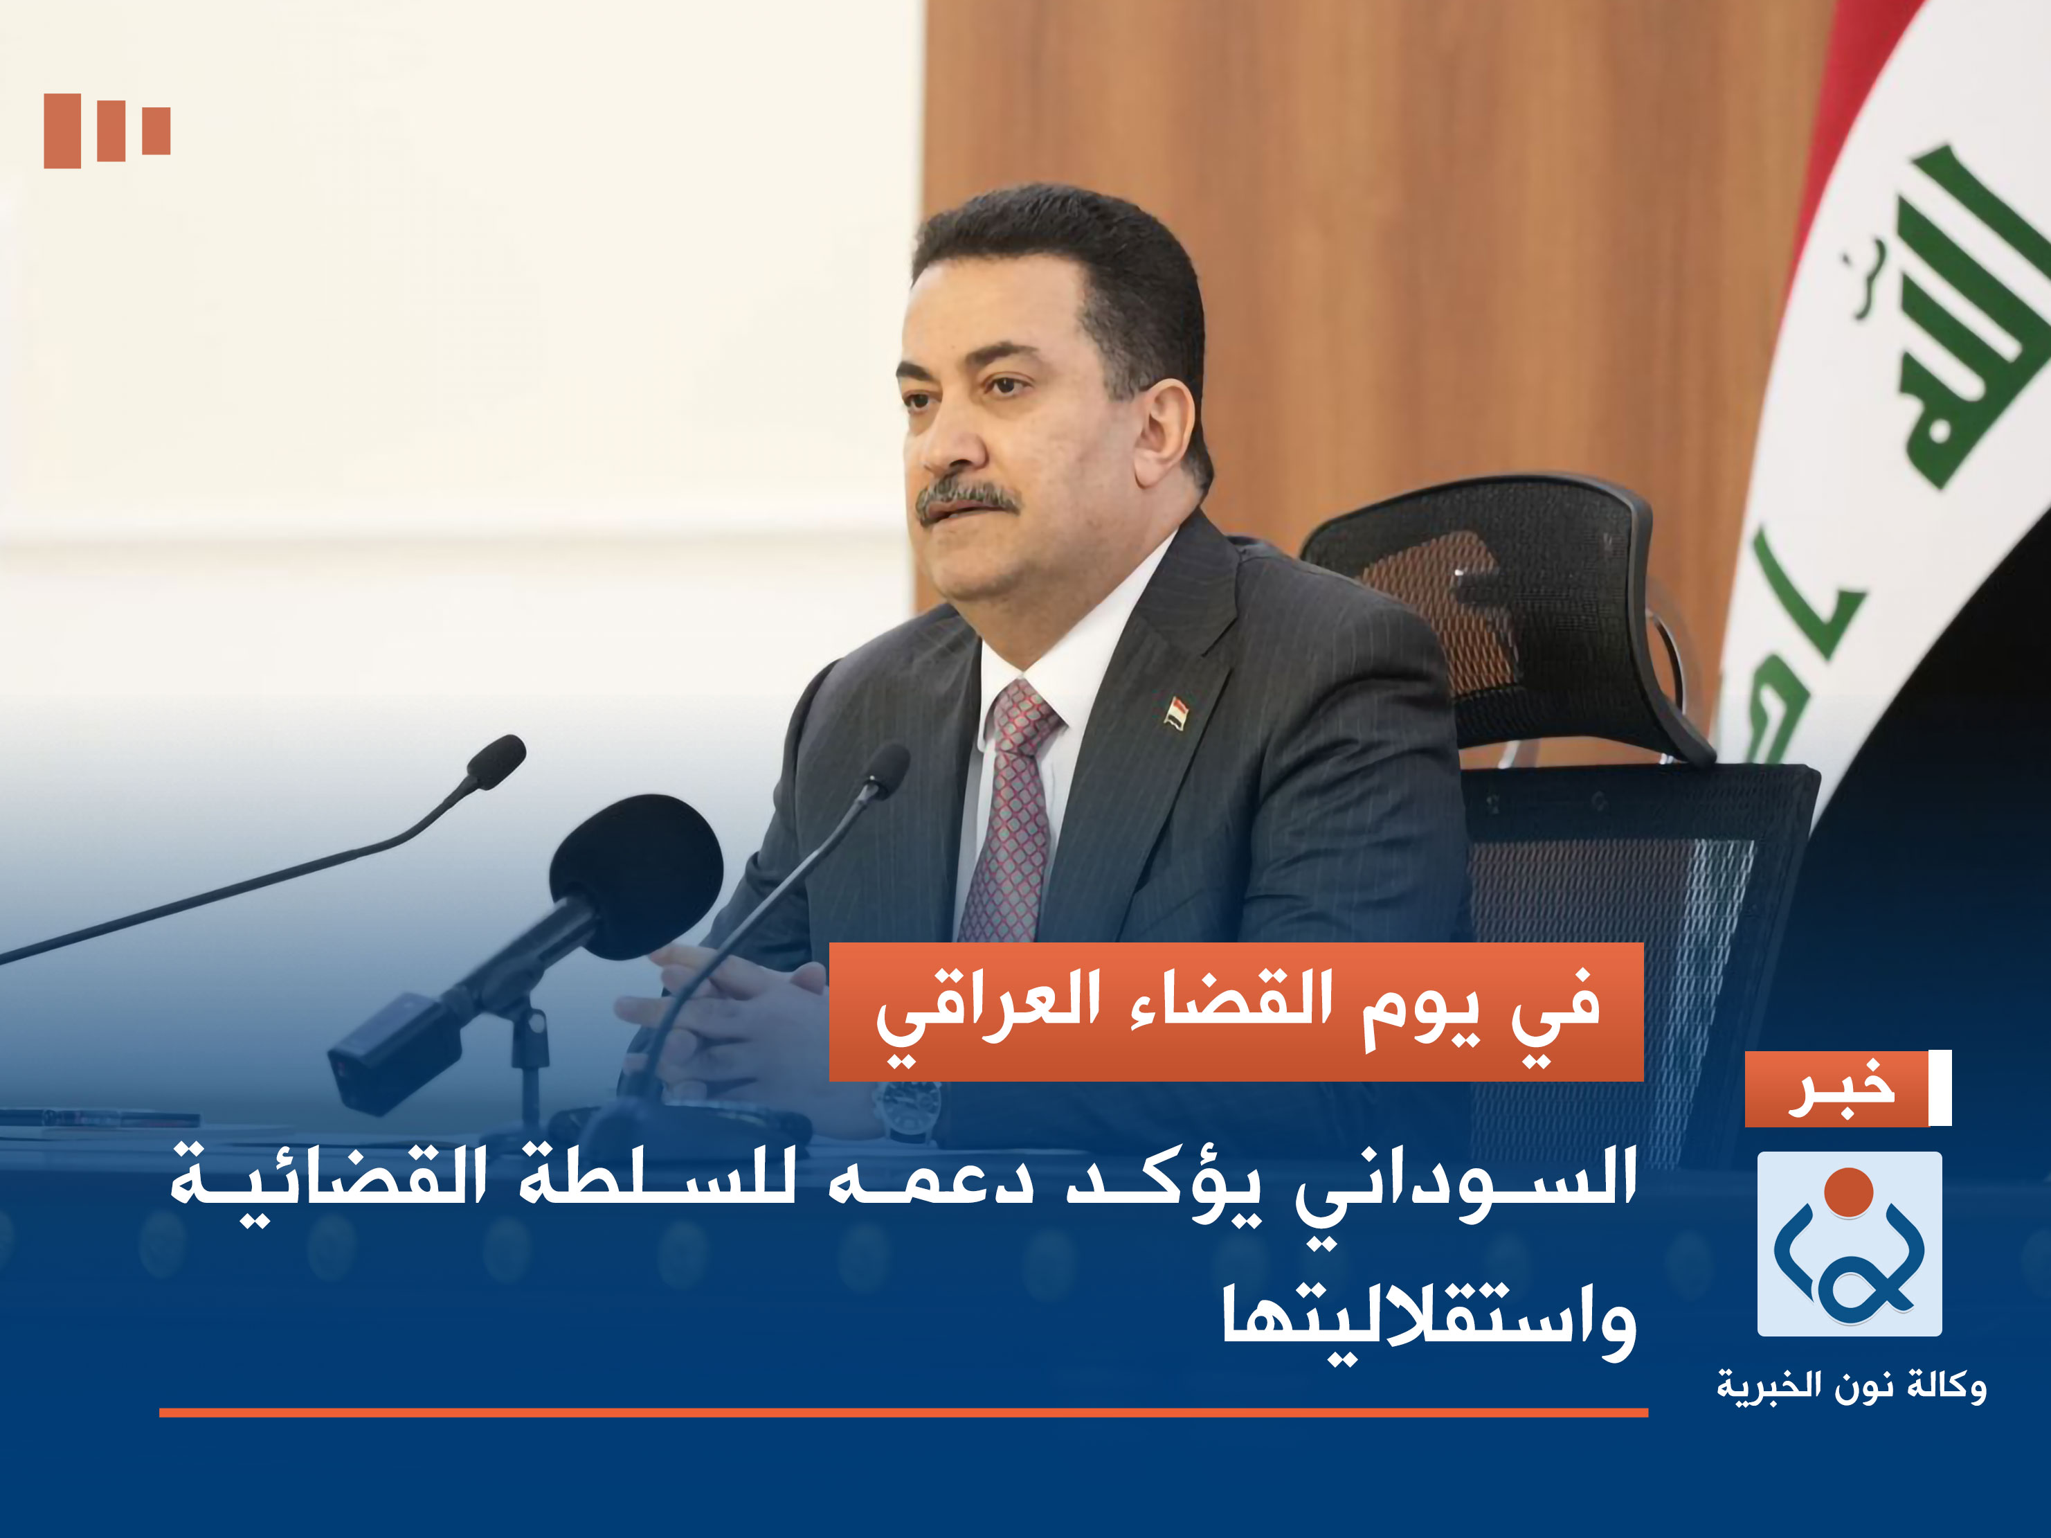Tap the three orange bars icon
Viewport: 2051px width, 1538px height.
click(107, 131)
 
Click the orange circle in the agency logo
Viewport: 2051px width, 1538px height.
click(1849, 1192)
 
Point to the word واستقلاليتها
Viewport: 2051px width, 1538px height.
click(1429, 1322)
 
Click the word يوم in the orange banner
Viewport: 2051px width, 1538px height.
click(1423, 1011)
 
